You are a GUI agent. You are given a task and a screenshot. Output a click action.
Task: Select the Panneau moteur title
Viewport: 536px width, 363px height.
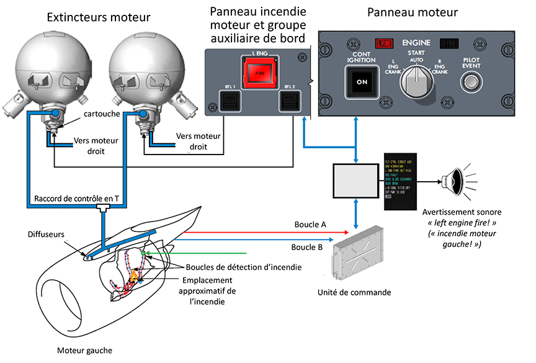tap(413, 12)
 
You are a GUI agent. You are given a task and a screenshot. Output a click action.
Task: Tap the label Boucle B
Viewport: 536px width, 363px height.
tap(306, 246)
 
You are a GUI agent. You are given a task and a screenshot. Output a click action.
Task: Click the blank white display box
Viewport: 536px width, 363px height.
tap(355, 181)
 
